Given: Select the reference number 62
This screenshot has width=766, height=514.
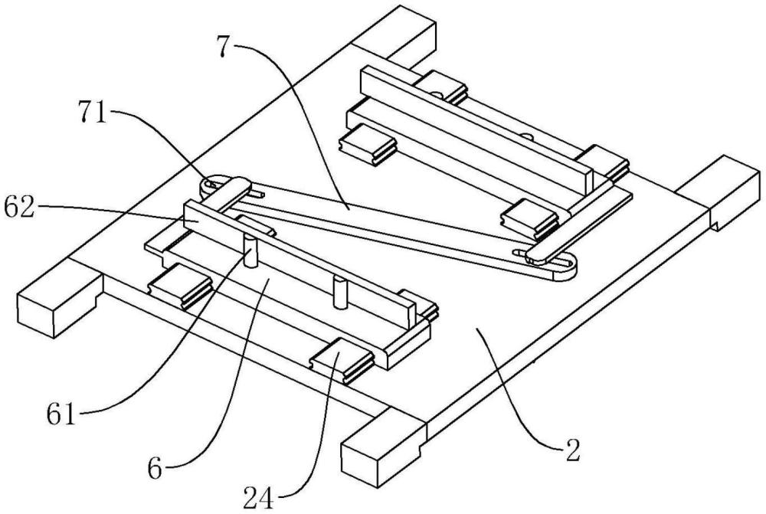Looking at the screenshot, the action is (19, 208).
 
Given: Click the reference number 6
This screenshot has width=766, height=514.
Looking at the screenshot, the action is (155, 470).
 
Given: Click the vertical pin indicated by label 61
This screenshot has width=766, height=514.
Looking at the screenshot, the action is (250, 250).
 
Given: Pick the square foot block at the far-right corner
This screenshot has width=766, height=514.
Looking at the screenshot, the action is (719, 192).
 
